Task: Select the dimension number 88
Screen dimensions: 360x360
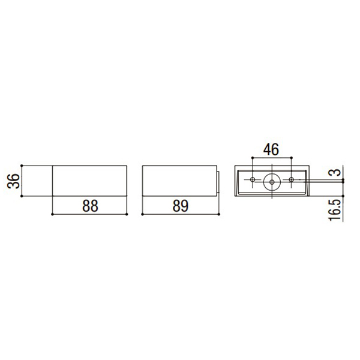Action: pos(90,205)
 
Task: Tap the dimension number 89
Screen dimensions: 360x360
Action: pos(181,205)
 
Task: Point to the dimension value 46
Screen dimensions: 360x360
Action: pos(271,149)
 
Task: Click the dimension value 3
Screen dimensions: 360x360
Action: pos(337,172)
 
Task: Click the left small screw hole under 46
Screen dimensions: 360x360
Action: pos(253,179)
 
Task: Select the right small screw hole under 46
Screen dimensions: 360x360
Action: pos(292,179)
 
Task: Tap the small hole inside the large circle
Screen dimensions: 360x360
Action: pos(272,182)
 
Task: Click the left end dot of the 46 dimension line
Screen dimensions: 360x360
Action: pos(252,158)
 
